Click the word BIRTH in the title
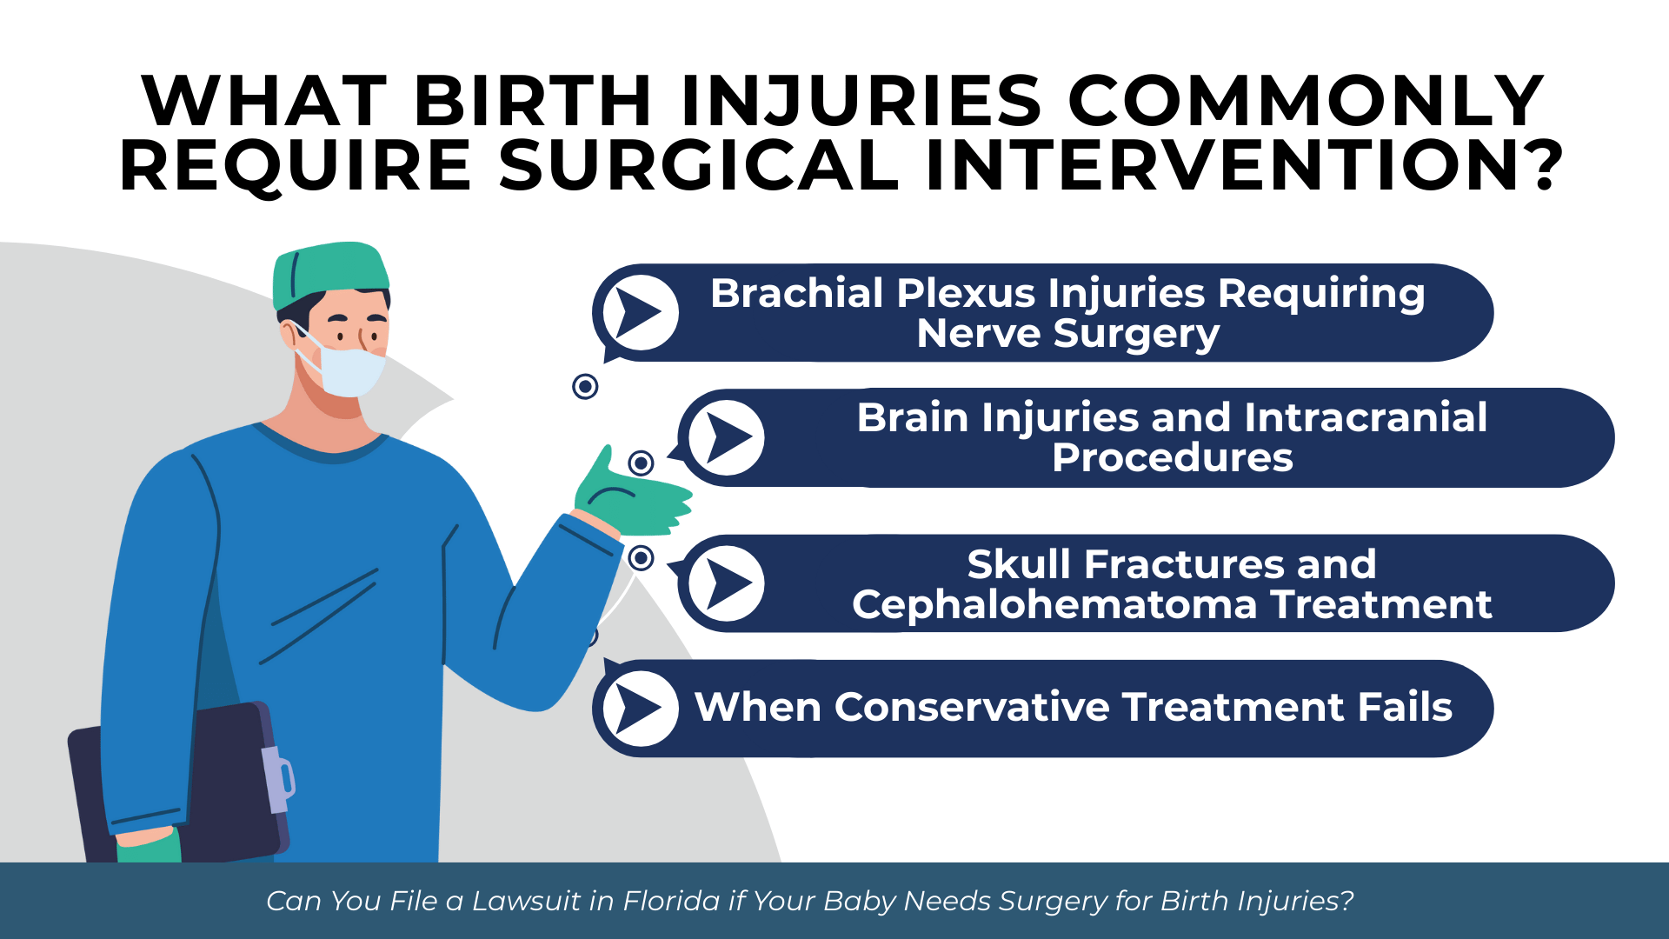[532, 101]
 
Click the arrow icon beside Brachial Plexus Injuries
[641, 312]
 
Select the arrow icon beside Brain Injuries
[727, 437]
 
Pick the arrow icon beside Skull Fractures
[727, 583]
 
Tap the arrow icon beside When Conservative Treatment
[641, 709]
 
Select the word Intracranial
[1366, 417]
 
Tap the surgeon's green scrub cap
[330, 275]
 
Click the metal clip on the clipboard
[277, 779]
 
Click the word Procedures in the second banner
[1173, 458]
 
